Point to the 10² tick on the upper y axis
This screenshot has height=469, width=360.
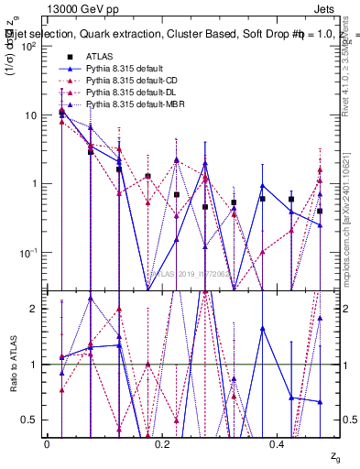pos(31,47)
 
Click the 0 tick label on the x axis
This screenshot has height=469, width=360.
pos(47,444)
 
